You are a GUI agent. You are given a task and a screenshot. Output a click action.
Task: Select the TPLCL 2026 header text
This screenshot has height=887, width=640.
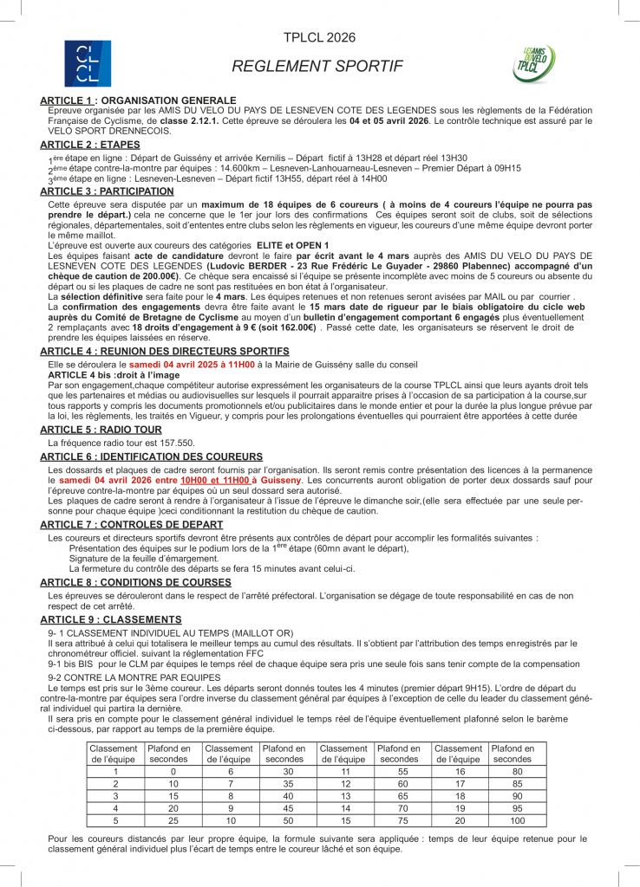(x=319, y=37)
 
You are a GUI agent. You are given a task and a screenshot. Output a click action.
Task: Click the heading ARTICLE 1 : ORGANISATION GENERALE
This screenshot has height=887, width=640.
(x=138, y=100)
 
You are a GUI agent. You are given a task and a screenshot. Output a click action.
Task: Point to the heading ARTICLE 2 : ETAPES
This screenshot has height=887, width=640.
(x=90, y=144)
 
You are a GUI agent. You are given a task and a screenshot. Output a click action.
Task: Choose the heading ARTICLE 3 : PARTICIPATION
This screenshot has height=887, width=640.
(x=107, y=191)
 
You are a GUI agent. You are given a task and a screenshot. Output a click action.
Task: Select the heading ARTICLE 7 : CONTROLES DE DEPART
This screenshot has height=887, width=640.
(x=131, y=525)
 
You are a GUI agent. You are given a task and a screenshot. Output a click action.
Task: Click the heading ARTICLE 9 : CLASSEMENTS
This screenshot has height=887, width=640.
(x=111, y=619)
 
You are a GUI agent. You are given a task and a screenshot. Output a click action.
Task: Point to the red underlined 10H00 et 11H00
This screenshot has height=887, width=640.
(x=214, y=479)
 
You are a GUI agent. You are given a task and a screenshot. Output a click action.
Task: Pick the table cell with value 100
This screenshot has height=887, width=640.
(x=518, y=819)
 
